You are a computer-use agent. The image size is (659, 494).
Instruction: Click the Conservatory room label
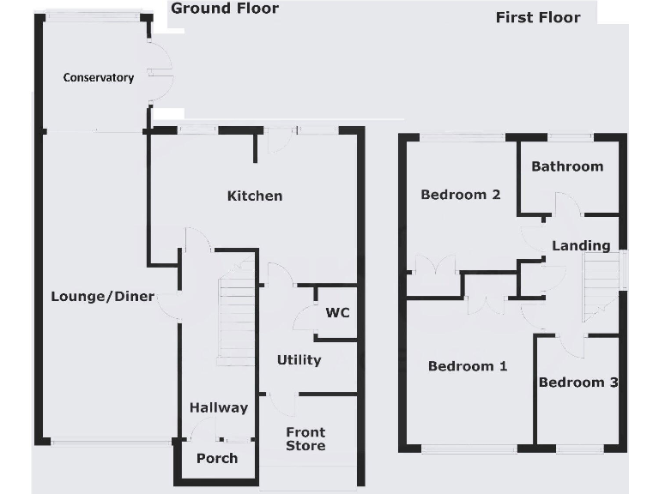(x=99, y=77)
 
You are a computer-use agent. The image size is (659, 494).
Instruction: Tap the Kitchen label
(x=254, y=196)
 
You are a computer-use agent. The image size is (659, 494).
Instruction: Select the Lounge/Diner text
(x=102, y=297)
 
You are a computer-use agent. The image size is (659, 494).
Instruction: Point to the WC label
(x=336, y=312)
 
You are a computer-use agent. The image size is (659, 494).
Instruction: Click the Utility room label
(x=299, y=359)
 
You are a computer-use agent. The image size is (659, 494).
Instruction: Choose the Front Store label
(x=305, y=439)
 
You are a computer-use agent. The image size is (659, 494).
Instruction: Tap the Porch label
(x=217, y=458)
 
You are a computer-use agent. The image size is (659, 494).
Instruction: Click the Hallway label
(x=219, y=407)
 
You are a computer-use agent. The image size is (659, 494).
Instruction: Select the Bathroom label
(x=567, y=166)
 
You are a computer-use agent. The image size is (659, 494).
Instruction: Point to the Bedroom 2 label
(x=460, y=195)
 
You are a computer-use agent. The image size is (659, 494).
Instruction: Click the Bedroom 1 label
(x=468, y=366)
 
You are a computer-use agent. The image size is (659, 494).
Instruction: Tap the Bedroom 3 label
(x=577, y=383)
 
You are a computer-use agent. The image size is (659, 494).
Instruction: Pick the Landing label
(x=581, y=245)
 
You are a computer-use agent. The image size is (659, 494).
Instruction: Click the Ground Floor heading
(x=224, y=9)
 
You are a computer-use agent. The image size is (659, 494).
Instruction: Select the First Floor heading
(x=538, y=17)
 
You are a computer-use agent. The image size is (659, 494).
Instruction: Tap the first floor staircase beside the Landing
(x=601, y=283)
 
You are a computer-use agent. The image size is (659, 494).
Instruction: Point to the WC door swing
(x=305, y=319)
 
